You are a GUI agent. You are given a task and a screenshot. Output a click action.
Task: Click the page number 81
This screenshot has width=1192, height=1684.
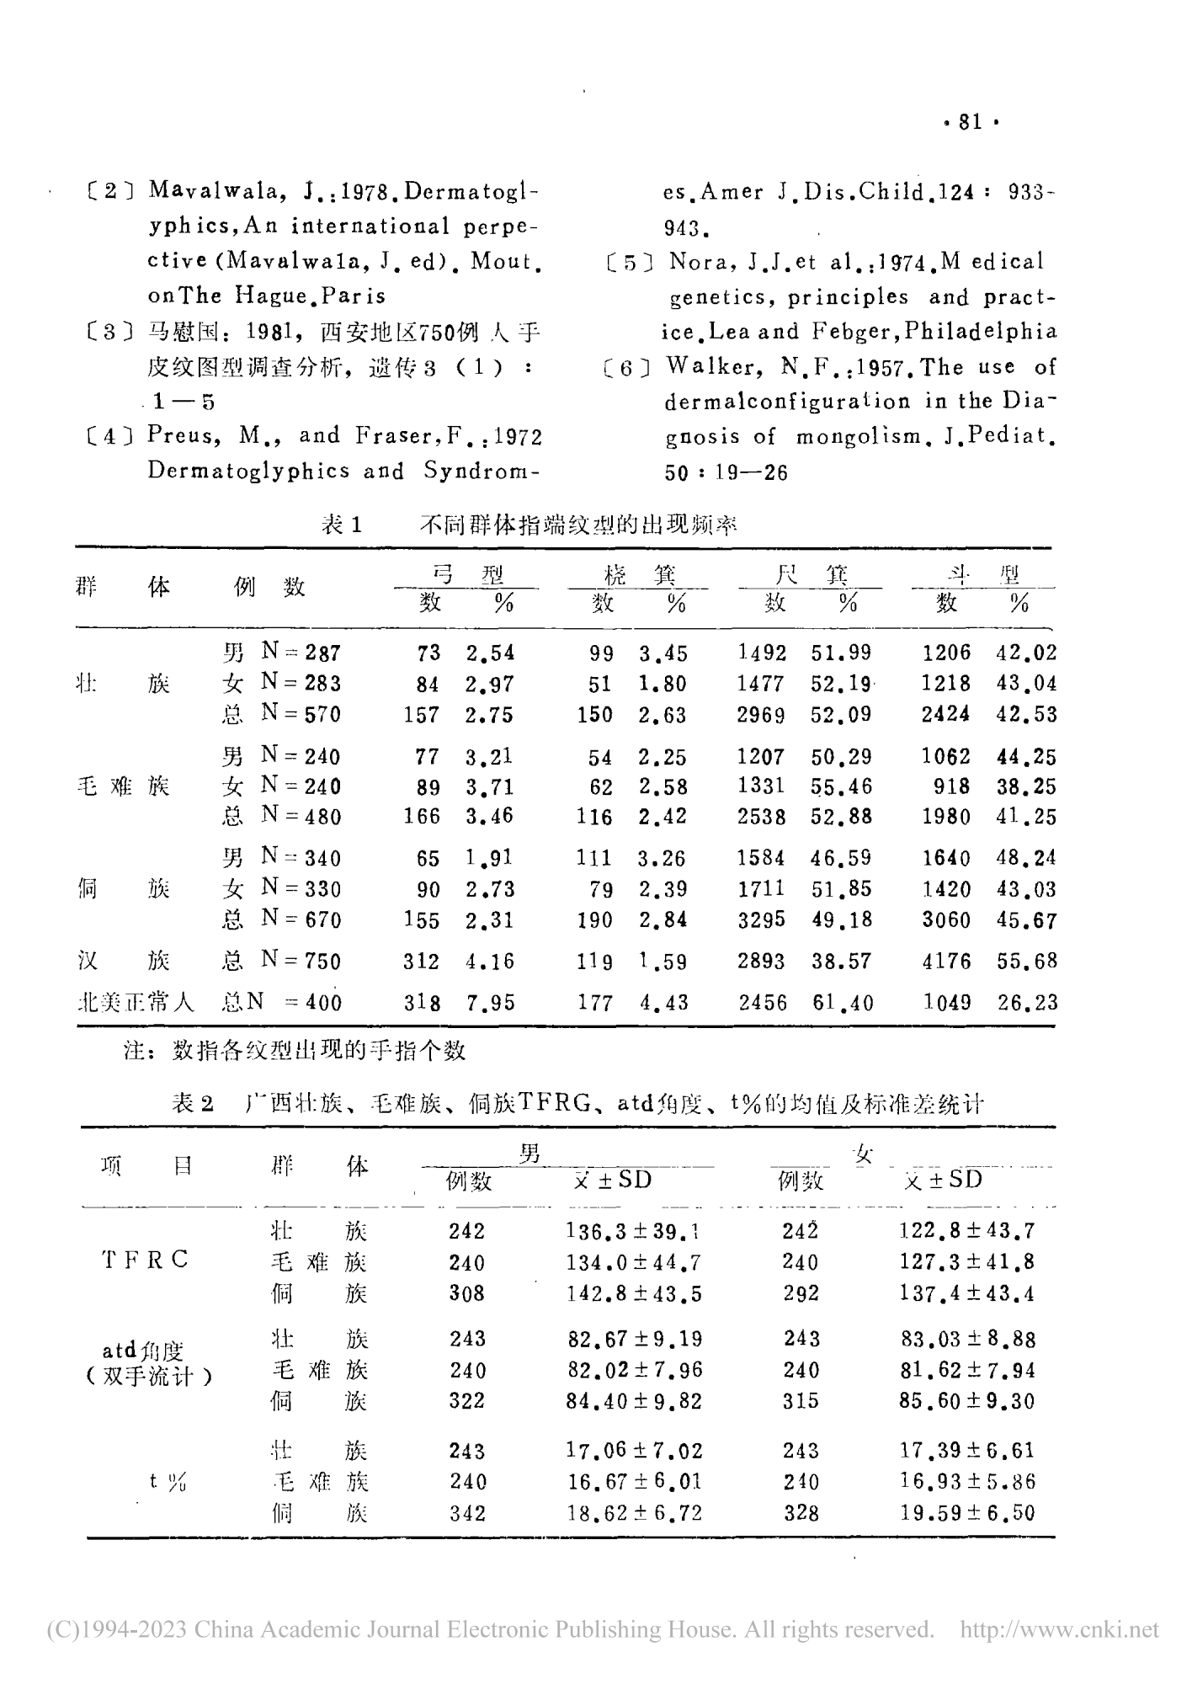pos(971,122)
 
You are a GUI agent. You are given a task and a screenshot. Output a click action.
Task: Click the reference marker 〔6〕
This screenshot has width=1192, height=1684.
pos(628,368)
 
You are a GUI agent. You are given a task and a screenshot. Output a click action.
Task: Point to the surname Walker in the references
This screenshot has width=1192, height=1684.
pos(705,366)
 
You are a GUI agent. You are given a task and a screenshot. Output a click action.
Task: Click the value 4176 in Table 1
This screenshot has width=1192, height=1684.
pos(946,961)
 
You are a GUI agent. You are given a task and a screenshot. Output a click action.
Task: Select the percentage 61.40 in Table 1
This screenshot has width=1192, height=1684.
pos(842,1003)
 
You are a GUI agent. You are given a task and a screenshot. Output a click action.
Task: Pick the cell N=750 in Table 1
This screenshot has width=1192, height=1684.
pos(301,960)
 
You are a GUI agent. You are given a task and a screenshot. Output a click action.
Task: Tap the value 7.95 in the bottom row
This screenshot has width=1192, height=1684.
pos(490,1003)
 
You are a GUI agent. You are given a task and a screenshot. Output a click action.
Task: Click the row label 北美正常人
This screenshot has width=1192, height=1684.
pos(136,1003)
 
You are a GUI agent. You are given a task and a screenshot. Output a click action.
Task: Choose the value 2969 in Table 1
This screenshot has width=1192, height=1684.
pos(761,715)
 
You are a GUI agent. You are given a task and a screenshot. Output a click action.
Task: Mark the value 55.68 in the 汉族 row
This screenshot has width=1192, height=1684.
pos(1026,961)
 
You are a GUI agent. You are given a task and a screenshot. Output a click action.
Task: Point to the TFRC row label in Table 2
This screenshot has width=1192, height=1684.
pos(145,1260)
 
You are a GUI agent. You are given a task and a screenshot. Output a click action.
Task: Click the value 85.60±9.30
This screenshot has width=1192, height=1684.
pos(967,1401)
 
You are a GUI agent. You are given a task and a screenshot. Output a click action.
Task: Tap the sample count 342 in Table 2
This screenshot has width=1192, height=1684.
pos(467,1513)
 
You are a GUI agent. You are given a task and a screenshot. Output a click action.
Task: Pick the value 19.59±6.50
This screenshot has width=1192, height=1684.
pos(967,1513)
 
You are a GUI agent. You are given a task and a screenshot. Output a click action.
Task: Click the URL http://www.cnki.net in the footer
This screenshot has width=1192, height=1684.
pos(1059,1629)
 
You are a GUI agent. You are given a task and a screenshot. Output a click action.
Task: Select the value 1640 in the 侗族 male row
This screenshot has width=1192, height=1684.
pos(946,858)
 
